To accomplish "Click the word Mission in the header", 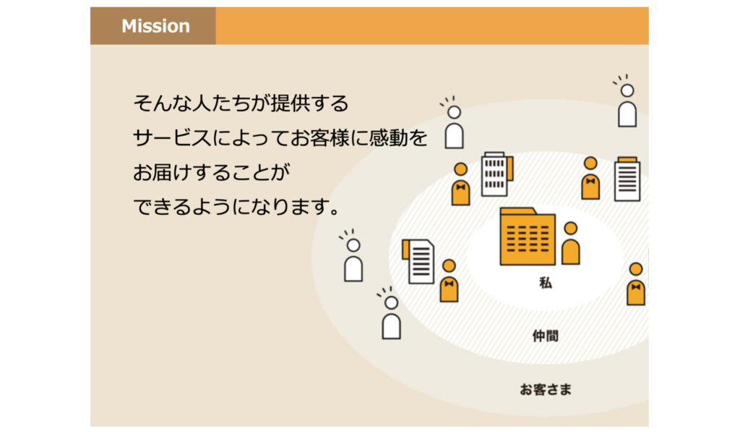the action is [156, 26].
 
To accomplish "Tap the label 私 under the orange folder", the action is [546, 283].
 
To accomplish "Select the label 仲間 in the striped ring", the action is [546, 336].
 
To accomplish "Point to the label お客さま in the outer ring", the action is [546, 389].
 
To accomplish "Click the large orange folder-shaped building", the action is [528, 237].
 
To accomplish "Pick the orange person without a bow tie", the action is [571, 243].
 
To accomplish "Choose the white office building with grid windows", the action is [496, 174].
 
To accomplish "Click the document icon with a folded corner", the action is [418, 261].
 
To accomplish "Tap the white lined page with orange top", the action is [627, 179].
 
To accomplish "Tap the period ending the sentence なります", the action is [335, 212].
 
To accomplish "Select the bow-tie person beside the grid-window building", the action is [460, 184].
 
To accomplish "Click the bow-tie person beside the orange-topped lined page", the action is [590, 178].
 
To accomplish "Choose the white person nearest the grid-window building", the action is [454, 123].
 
